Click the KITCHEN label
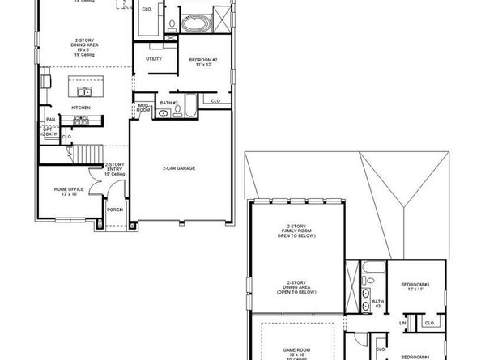coord(80,108)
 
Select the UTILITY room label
coord(154,59)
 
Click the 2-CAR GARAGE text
coord(179,168)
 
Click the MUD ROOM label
coord(143,107)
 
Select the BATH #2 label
coord(168,103)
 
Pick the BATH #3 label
coord(377,305)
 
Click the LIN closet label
coord(402,324)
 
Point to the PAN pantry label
coord(50,120)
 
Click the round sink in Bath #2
coord(163,114)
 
